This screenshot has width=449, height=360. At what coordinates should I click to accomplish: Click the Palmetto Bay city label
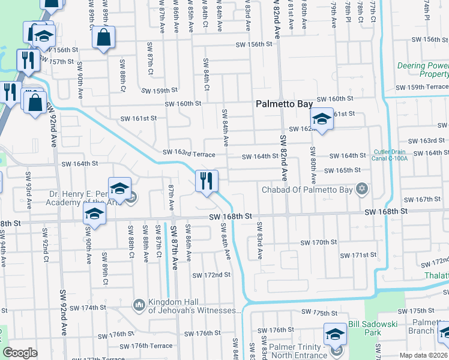pos(284,104)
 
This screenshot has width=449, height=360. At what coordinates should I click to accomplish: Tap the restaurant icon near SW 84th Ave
pos(206,182)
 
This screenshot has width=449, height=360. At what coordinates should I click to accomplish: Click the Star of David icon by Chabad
pos(361,190)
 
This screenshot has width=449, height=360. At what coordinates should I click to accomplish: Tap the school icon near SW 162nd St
pos(322,120)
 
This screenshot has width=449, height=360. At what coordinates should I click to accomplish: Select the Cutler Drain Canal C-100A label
pos(390,155)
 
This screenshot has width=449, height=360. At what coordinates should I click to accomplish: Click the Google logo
pos(20,352)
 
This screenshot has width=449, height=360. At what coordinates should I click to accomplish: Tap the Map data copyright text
pos(423,355)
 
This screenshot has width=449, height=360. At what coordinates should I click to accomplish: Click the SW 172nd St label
pos(211,275)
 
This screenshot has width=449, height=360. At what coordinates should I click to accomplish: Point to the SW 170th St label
pos(319,242)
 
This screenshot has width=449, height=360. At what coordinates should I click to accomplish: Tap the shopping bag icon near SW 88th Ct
pos(104,38)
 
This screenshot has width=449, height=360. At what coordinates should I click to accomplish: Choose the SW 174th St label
pos(88,308)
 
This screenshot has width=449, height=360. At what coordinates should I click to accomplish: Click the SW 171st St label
pos(358,255)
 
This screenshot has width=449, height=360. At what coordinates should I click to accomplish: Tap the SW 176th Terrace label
pos(146,346)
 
